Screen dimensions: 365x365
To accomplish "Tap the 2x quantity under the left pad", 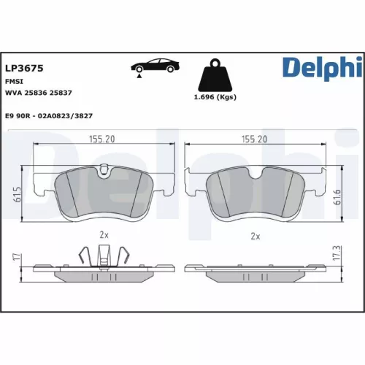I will coord(104,235).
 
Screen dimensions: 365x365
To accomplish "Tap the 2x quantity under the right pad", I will coord(255,237).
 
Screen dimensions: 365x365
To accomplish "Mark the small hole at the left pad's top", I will coord(104,172).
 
